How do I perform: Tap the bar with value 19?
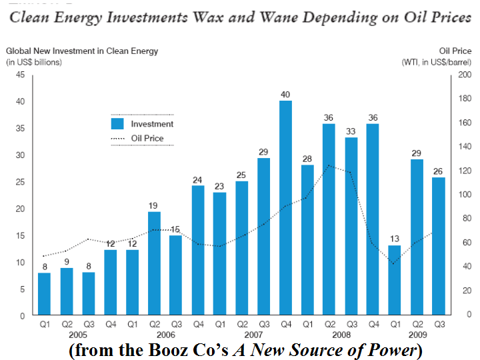click(154, 263)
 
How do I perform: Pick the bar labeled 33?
click(351, 226)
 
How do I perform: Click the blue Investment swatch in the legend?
click(117, 123)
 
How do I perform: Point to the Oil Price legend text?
click(147, 139)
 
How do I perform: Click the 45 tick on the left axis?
click(20, 75)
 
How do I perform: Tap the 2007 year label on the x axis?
click(253, 335)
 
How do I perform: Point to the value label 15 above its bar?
click(176, 229)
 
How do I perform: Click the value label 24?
click(198, 179)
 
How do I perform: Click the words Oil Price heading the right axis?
click(455, 51)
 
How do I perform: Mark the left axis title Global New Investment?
click(60, 51)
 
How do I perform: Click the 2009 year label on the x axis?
click(417, 335)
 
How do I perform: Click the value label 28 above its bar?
click(307, 159)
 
